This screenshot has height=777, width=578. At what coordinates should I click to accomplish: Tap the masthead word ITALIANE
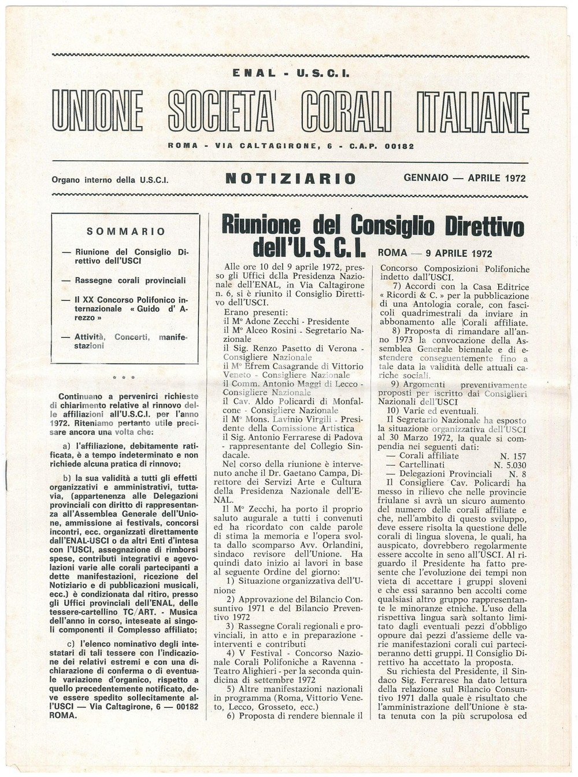[472, 111]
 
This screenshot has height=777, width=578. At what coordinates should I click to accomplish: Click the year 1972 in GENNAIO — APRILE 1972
[514, 178]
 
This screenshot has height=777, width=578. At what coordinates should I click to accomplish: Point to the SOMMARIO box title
[125, 231]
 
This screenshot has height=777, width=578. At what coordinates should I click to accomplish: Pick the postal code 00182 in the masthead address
[399, 146]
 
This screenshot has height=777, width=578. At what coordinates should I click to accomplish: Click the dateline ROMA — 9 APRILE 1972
[435, 253]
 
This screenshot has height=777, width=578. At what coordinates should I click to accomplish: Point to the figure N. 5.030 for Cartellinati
[509, 465]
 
